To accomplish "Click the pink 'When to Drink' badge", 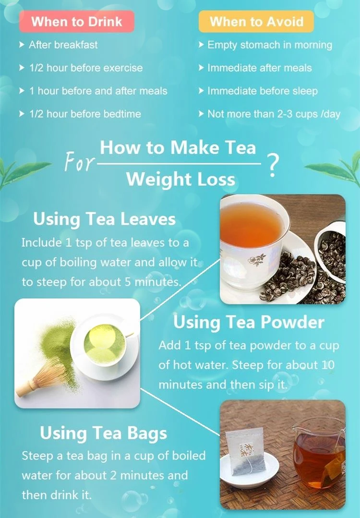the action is [x=77, y=22].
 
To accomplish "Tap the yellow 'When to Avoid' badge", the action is [x=256, y=22].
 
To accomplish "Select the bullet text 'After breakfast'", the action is [x=63, y=45].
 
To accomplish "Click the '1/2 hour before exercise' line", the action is [x=86, y=68].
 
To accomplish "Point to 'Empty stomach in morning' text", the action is [x=270, y=45].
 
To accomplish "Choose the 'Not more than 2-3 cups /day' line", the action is [x=274, y=114].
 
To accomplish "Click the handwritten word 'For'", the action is [x=79, y=161].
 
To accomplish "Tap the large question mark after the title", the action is [x=273, y=166].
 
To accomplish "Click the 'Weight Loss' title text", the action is [x=180, y=180].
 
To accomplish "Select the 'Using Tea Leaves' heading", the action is [x=104, y=219].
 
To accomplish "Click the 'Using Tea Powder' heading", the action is [x=249, y=322].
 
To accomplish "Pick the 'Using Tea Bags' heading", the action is [x=103, y=433].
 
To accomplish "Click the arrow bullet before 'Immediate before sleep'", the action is [x=201, y=91].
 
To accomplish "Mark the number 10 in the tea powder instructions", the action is [x=328, y=365].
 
